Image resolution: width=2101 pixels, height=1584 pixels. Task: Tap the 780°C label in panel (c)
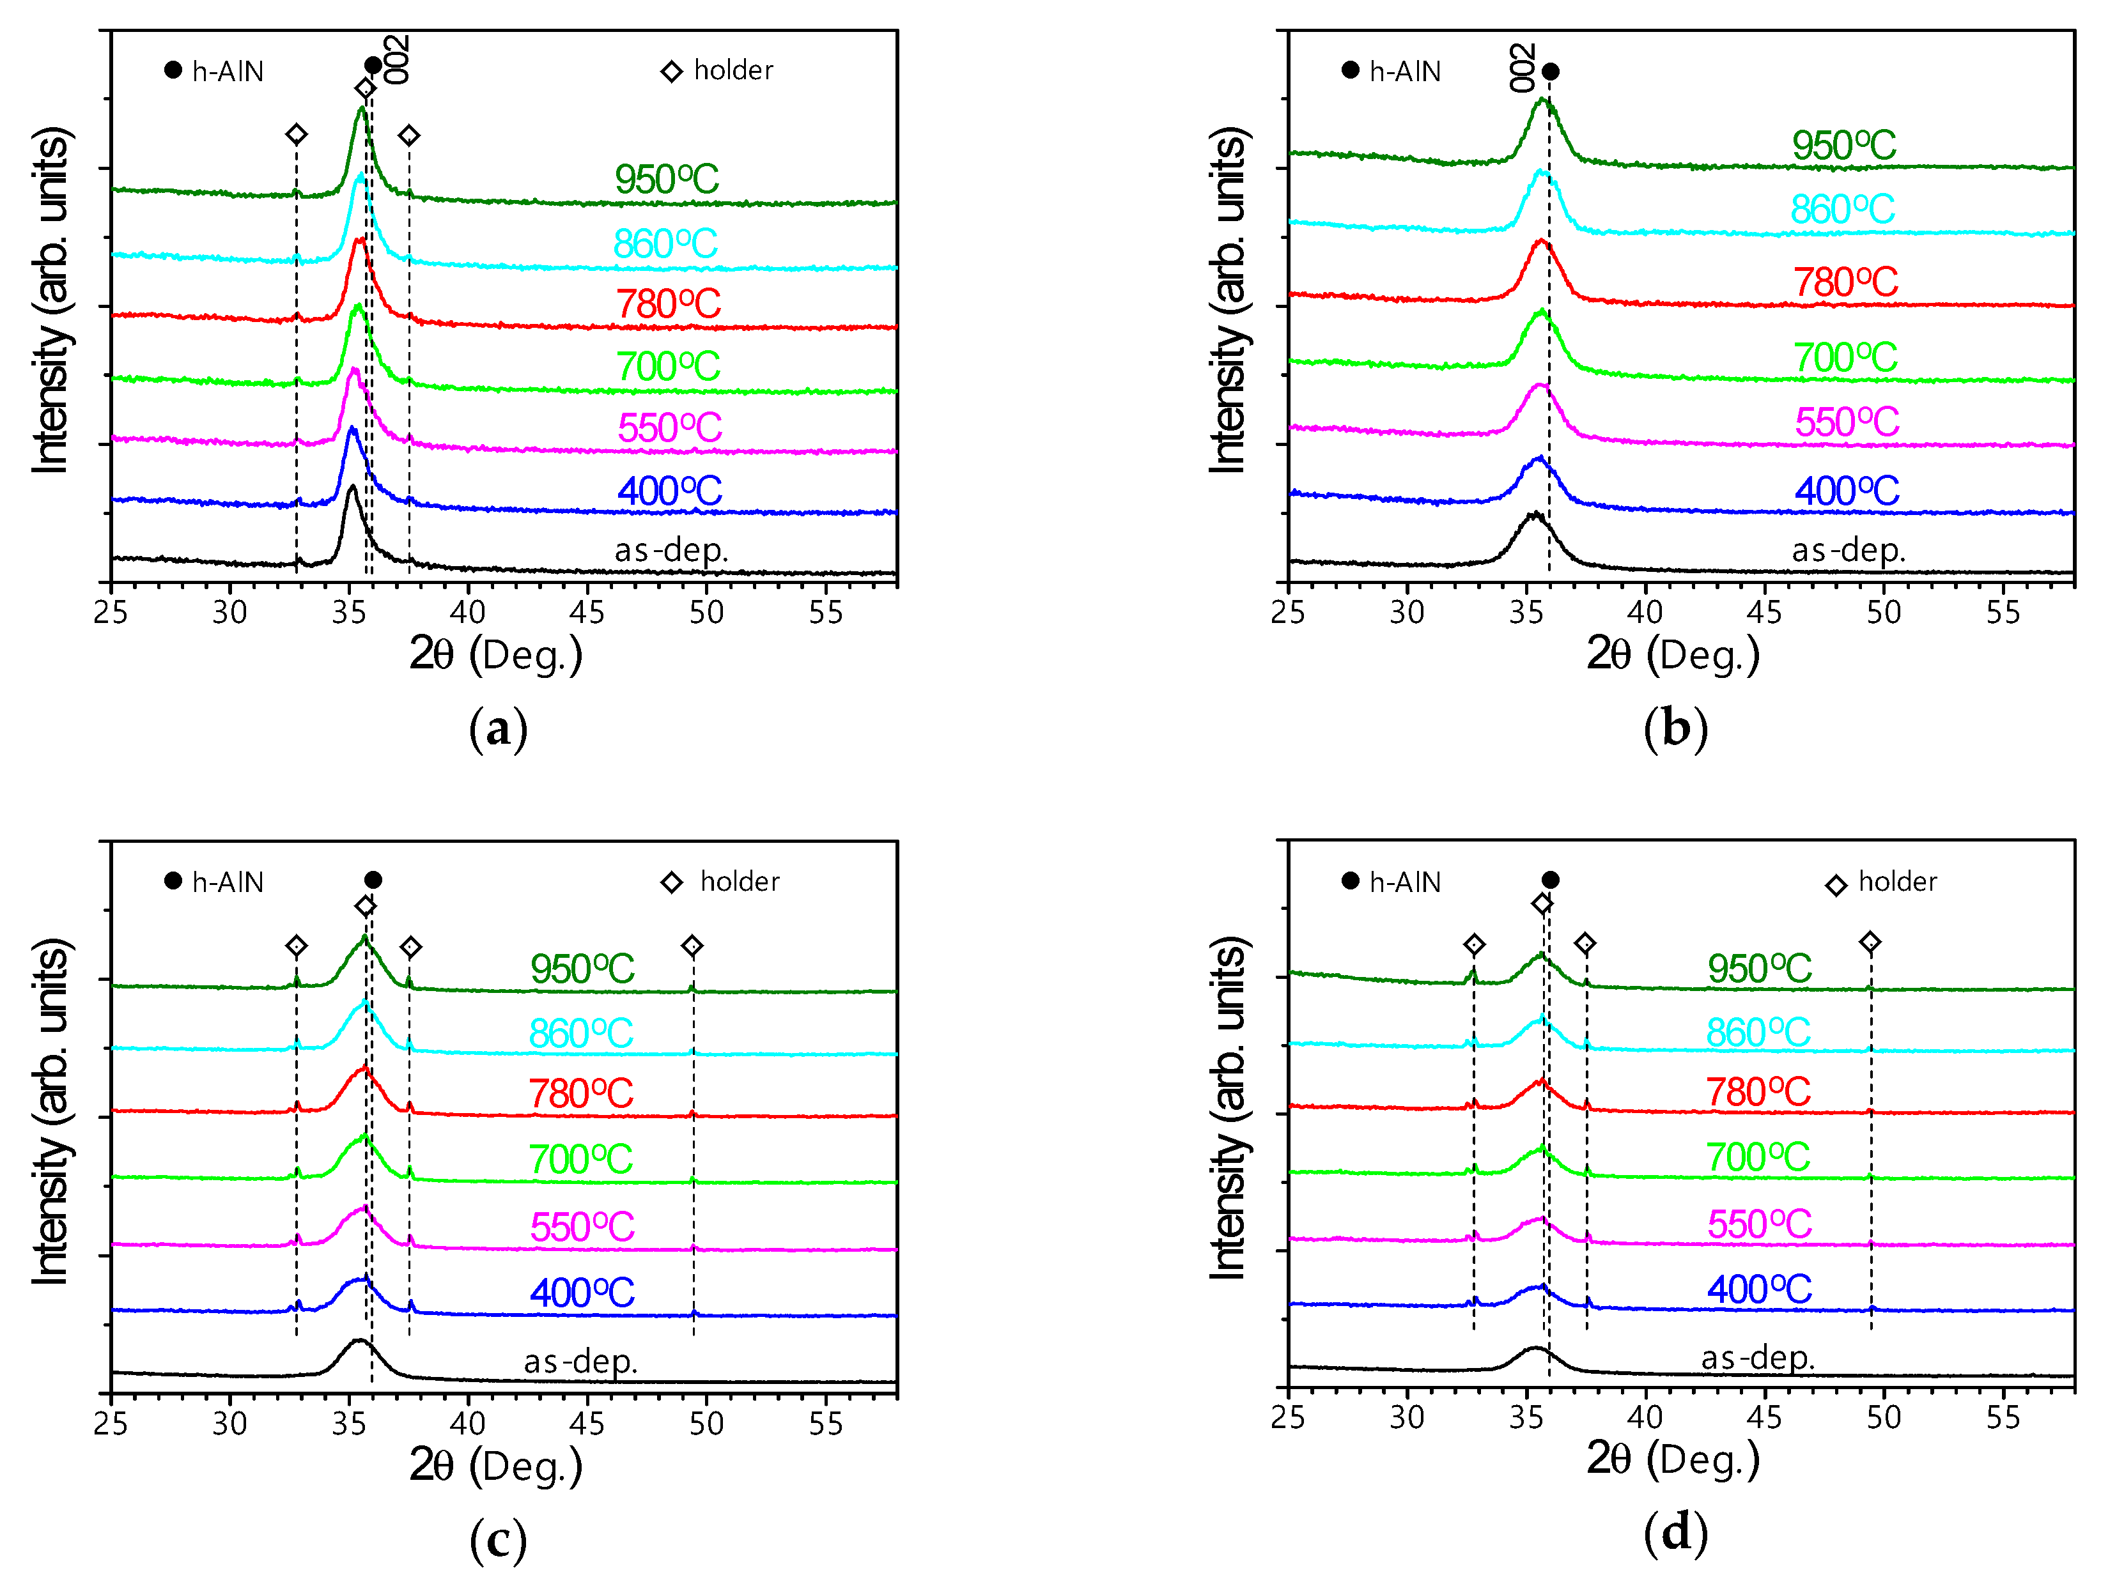(580, 1094)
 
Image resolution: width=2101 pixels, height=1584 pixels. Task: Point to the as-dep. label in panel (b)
(1847, 550)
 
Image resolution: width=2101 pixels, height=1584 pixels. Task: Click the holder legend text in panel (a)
(733, 70)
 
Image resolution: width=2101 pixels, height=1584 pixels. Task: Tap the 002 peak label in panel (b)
(1522, 68)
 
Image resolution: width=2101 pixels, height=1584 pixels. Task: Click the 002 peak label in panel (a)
(397, 59)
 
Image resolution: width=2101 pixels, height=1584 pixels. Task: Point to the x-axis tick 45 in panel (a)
(587, 613)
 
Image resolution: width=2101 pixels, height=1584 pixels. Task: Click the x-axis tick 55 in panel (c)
(825, 1424)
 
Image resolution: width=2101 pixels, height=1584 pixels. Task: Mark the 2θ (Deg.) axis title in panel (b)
(1673, 654)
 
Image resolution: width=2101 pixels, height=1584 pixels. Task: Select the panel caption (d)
(1675, 1533)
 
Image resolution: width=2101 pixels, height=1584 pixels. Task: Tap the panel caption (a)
(498, 729)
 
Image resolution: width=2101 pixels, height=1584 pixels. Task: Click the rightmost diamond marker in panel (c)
(692, 946)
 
